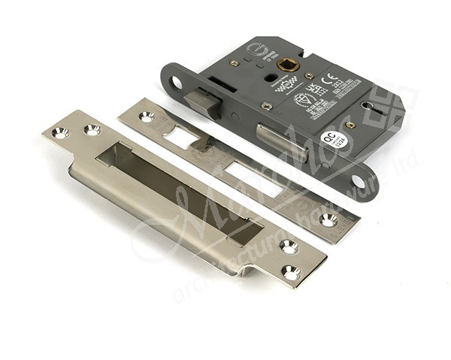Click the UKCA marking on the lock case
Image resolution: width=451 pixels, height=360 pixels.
(311, 89)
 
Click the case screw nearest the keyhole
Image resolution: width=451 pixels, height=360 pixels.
(350, 125)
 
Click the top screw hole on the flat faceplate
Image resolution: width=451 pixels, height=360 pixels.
(146, 116)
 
